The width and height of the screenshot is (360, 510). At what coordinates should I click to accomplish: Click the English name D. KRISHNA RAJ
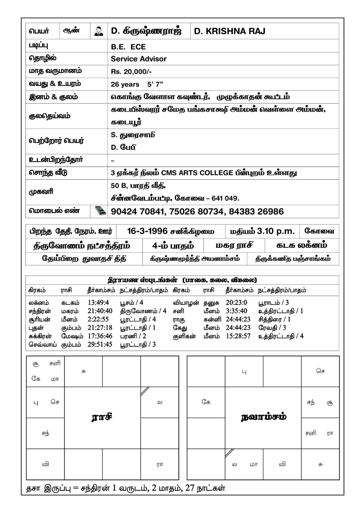[230, 31]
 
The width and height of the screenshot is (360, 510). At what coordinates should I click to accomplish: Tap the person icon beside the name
[99, 31]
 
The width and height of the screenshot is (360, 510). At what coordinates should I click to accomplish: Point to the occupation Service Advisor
[139, 59]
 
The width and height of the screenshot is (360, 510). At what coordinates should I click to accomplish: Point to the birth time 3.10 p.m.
[273, 231]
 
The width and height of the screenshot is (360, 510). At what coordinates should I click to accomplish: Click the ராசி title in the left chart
[102, 417]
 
